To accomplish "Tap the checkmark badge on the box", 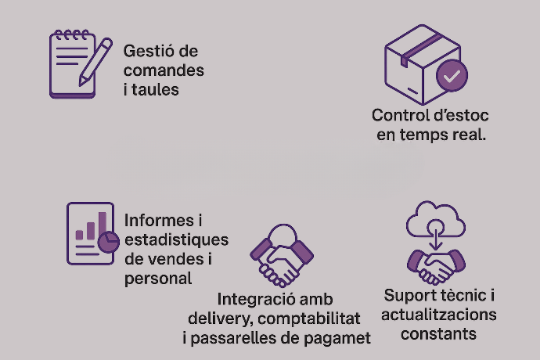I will (452, 76).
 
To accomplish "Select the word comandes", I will (164, 70).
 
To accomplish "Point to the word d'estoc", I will (463, 116).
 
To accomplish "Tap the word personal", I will (158, 278).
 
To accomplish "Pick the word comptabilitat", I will (312, 319).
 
